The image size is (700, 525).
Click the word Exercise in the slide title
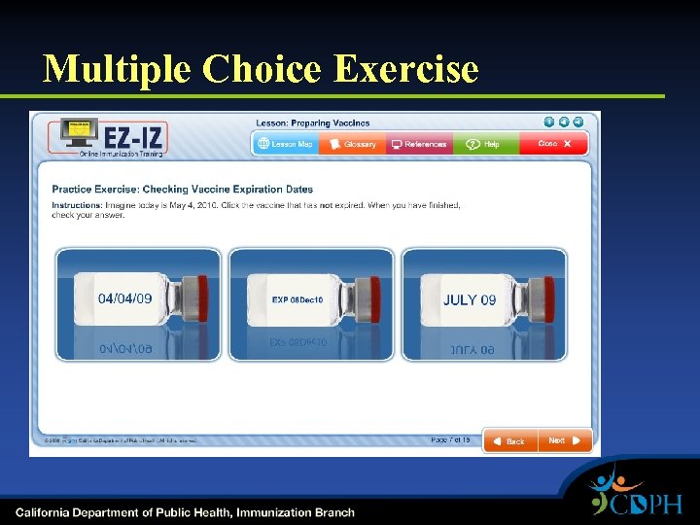pyautogui.click(x=405, y=69)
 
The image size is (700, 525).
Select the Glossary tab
pyautogui.click(x=353, y=144)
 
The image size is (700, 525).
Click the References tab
pyautogui.click(x=419, y=144)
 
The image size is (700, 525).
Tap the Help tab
pyautogui.click(x=484, y=144)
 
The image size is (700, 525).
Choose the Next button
pyautogui.click(x=563, y=440)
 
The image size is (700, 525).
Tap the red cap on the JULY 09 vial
pyautogui.click(x=546, y=296)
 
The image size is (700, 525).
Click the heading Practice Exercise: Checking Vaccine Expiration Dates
pyautogui.click(x=183, y=190)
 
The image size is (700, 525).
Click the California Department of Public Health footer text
pyautogui.click(x=185, y=512)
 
